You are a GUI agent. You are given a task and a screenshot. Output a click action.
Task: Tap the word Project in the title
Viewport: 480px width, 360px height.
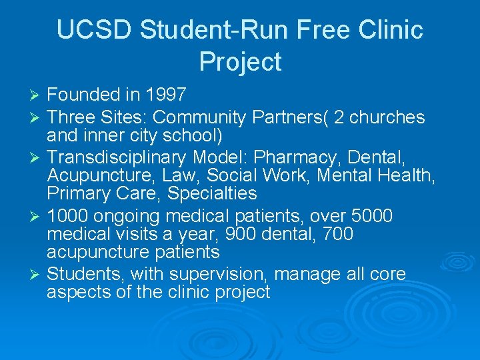click(x=240, y=62)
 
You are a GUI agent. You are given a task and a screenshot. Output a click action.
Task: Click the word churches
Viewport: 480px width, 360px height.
click(x=387, y=117)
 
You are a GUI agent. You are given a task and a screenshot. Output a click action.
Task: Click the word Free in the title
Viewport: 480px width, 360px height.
click(x=316, y=30)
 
